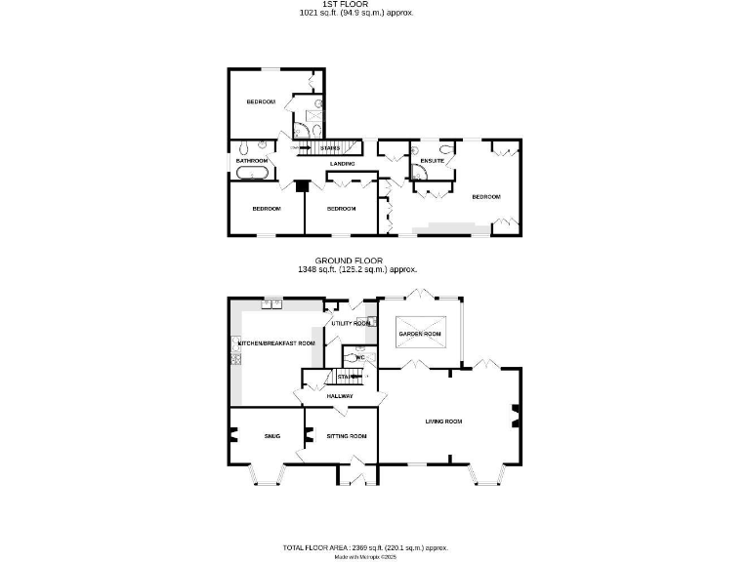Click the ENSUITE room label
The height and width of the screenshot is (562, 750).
coord(432,160)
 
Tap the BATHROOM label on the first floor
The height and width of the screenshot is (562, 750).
coord(251,160)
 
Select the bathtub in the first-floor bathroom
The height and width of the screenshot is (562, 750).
coord(252,174)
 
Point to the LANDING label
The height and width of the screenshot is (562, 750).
coord(342,164)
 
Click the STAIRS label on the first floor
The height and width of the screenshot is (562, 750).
coord(329,148)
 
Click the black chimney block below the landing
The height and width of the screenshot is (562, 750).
coord(303,185)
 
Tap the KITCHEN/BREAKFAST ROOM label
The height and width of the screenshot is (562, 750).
coord(277,343)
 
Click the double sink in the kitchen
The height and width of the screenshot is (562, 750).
coord(271,303)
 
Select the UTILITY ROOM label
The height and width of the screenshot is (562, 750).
coord(351,323)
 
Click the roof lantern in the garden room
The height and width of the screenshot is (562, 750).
coord(420,333)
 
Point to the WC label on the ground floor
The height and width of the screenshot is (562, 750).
coord(359,358)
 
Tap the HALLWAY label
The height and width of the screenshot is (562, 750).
coord(340,395)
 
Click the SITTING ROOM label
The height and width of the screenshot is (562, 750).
coord(347,435)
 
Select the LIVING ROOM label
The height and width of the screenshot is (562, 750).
coord(443,421)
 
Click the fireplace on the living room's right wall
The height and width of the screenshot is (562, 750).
coord(516,419)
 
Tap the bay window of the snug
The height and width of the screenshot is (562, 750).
coord(265,475)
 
